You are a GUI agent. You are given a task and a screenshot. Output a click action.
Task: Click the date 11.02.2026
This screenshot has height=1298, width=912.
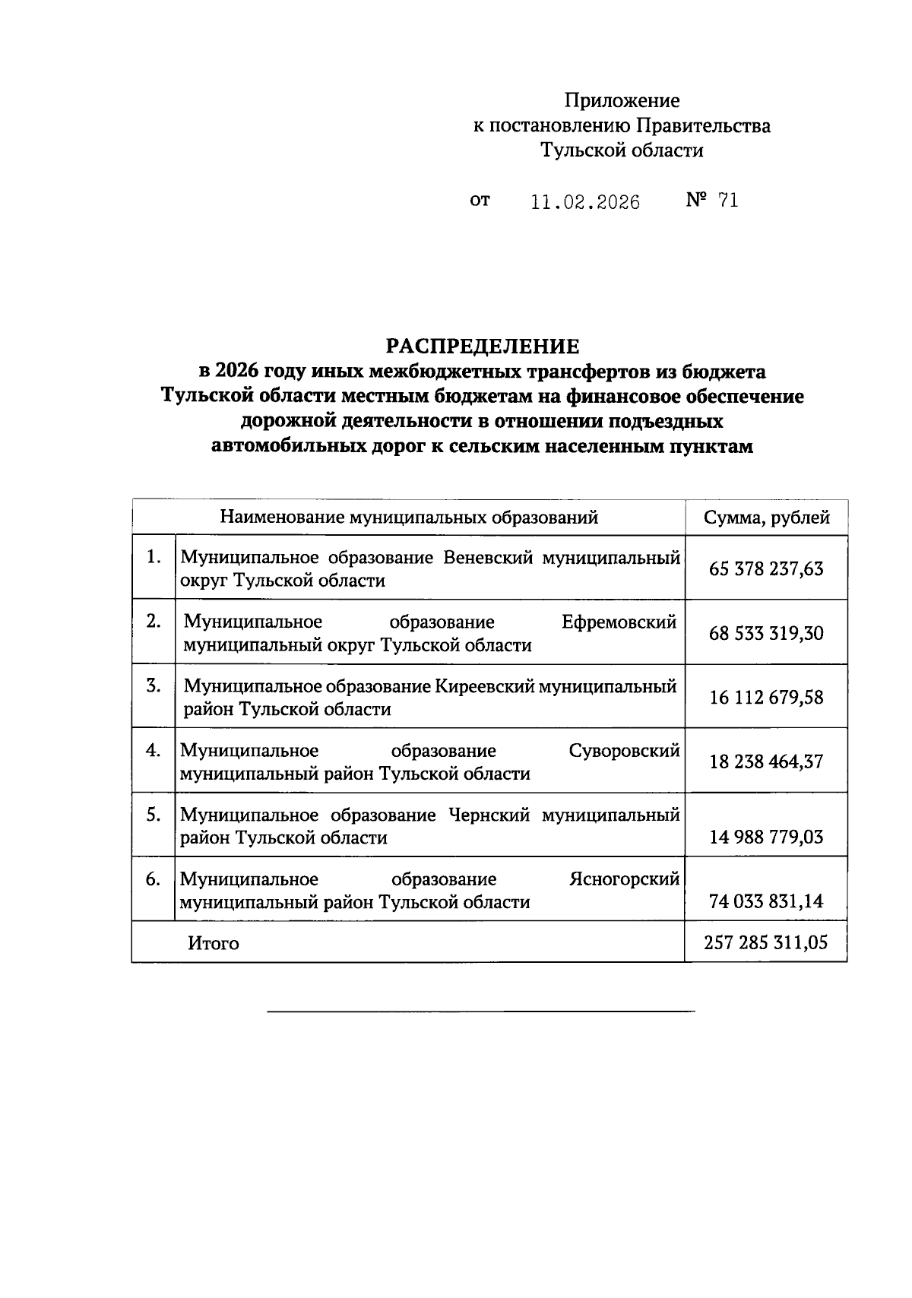point(585,201)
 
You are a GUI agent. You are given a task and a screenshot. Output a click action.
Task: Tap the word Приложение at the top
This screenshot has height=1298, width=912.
point(622,100)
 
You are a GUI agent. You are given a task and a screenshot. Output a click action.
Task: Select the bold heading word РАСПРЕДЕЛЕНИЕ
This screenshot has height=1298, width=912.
point(482,347)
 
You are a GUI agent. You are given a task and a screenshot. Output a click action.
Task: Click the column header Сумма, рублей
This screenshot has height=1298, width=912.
point(766,518)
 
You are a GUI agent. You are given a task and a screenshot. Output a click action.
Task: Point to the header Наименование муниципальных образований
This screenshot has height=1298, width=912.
point(409,518)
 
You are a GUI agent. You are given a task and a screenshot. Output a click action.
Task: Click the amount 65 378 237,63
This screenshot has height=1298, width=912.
point(766,569)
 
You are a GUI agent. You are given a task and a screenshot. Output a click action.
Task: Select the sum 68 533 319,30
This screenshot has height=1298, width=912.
point(766,633)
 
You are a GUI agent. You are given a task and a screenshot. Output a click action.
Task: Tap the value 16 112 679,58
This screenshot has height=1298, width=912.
point(766,698)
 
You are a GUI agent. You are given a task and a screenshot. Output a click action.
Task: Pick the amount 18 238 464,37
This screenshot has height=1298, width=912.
point(766,761)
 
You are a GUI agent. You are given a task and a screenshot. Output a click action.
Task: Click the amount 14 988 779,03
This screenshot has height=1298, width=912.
point(766,837)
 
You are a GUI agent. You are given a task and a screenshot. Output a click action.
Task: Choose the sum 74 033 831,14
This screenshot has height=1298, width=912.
point(766,902)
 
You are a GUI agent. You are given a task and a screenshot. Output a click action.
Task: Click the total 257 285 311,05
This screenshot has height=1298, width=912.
point(766,943)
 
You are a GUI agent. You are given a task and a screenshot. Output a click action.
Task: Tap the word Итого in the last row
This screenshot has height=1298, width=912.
point(214,944)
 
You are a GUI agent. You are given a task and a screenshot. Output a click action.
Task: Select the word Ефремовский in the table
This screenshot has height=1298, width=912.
point(619,622)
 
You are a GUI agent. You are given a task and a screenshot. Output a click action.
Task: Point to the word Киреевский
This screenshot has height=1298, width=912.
point(484,686)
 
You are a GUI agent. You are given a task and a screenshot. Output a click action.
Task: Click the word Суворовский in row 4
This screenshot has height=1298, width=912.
point(624,751)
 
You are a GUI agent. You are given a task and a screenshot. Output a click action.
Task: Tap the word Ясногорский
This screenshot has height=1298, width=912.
point(624,879)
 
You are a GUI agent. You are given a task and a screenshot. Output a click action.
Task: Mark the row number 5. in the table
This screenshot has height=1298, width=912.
point(154,815)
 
